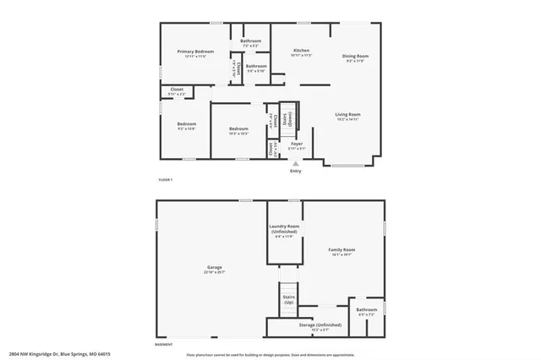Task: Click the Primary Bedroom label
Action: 195,52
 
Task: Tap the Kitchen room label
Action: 301,50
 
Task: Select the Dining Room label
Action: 355,57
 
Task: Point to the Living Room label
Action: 348,114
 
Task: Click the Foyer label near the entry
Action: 297,144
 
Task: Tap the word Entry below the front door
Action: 296,172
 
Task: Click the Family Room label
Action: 342,250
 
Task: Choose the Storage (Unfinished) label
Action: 320,325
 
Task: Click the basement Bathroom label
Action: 367,309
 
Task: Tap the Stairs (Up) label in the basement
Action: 288,299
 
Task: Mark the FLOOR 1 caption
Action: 166,180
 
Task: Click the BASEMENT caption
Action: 164,344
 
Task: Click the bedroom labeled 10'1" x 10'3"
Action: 238,128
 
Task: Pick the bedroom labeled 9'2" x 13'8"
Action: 187,124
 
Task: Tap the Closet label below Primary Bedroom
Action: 177,89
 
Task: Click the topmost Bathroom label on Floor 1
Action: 251,41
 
